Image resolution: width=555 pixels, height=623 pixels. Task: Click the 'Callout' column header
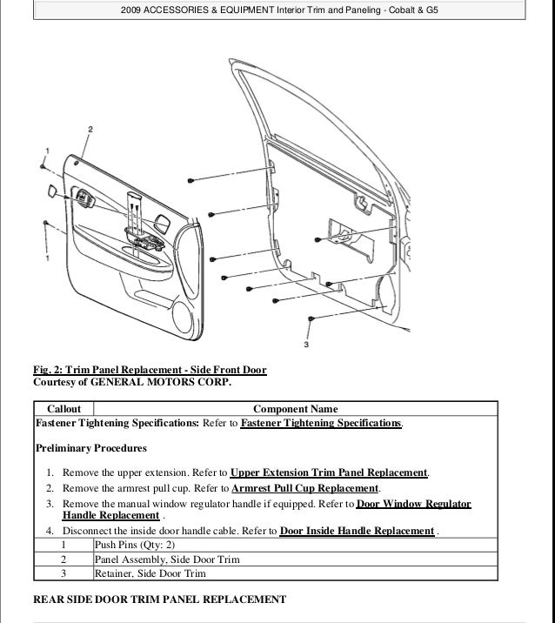[64, 409]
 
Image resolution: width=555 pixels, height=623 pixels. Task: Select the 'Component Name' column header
[295, 409]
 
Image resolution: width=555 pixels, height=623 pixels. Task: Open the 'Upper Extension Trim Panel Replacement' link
[330, 472]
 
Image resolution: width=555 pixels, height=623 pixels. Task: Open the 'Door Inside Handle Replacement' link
[358, 531]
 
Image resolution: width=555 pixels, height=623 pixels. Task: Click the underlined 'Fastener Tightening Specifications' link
[321, 423]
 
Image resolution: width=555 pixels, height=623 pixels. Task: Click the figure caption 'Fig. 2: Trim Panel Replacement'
[149, 371]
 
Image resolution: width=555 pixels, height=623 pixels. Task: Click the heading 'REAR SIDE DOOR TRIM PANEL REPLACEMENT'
[159, 600]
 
